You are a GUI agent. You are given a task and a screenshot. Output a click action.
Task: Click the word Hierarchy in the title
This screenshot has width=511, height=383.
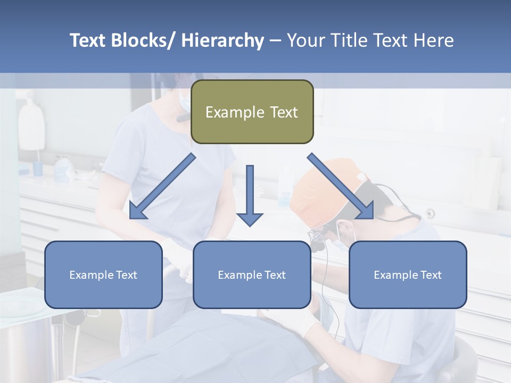point(222,40)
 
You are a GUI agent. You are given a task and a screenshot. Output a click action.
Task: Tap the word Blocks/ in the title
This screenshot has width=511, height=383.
point(143,40)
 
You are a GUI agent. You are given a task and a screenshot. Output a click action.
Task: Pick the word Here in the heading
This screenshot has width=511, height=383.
point(432,40)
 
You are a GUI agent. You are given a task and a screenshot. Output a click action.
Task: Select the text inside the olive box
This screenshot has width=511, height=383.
point(252,113)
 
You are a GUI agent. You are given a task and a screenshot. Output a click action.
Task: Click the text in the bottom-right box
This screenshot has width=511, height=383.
point(408,275)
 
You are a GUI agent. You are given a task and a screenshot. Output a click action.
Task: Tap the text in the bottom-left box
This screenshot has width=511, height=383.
point(103,275)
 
